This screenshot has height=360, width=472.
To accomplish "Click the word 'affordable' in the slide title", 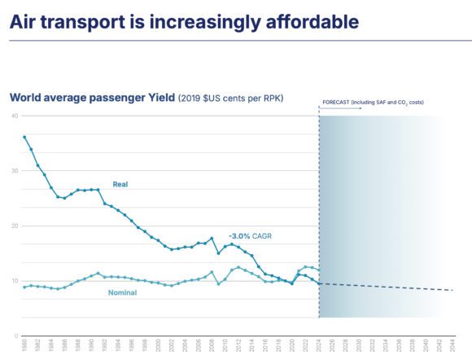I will (272, 21).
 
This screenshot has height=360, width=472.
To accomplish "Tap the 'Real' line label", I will (120, 184).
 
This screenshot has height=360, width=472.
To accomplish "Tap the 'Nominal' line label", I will (122, 292).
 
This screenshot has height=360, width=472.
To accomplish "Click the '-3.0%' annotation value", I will (241, 235).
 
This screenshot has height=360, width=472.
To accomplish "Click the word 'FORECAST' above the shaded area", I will (338, 102).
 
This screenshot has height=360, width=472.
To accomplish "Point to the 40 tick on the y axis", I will (15, 116).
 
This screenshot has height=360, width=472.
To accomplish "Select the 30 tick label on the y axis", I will (15, 171).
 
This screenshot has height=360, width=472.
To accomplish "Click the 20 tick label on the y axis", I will (15, 226).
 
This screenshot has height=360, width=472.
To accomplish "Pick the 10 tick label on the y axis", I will (15, 281).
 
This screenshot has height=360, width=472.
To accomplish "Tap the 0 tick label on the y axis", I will (16, 336).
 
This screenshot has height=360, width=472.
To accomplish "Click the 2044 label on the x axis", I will (452, 346).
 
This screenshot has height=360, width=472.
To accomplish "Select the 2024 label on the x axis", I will (318, 346).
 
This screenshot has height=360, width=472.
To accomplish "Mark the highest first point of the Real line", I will (24, 137).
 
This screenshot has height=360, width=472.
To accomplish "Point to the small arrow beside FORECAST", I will (320, 107).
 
